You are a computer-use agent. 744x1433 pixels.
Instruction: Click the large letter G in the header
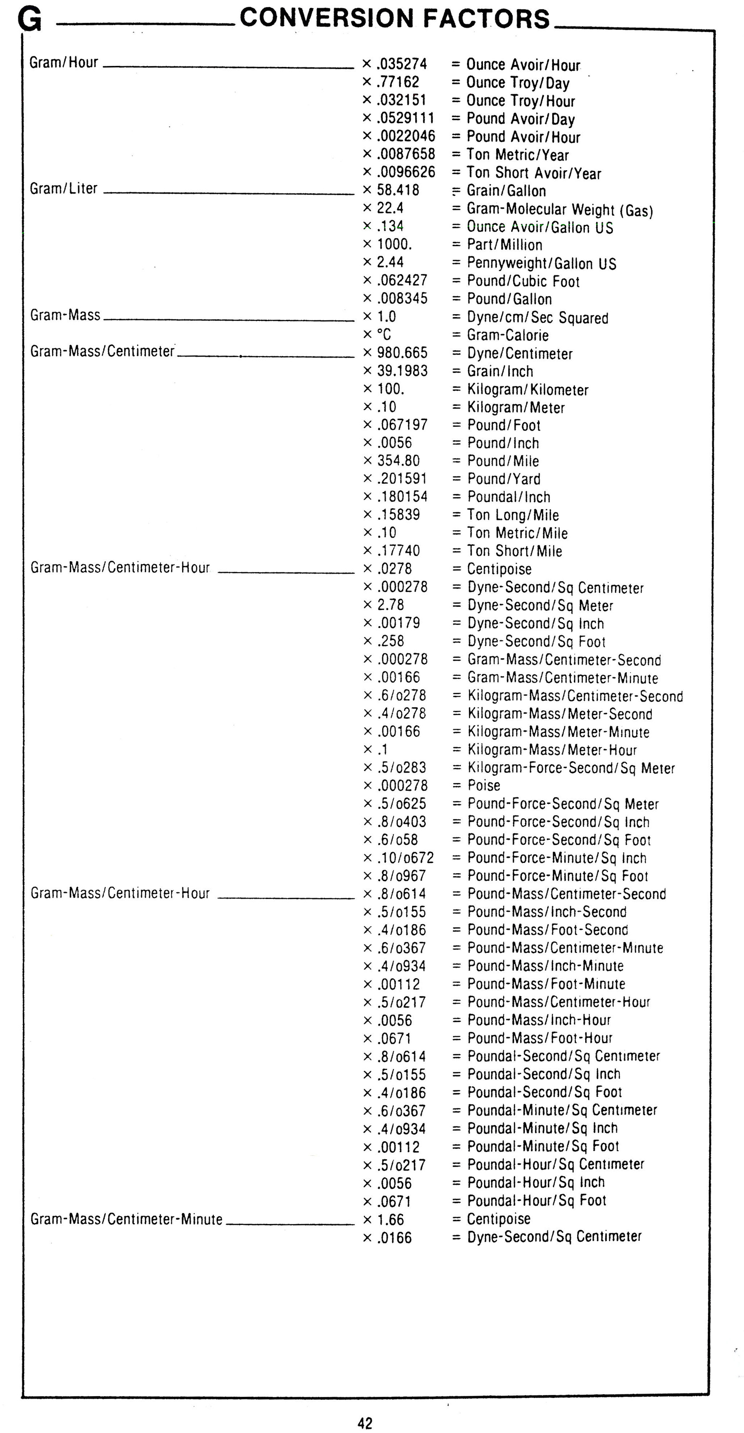[29, 20]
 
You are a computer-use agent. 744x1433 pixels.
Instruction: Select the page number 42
[365, 1423]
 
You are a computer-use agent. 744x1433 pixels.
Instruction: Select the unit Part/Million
[504, 245]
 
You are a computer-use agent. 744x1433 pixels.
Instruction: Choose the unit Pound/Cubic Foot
[523, 281]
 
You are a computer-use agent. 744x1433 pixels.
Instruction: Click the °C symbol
[384, 334]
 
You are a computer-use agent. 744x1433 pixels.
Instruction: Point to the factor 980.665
[402, 353]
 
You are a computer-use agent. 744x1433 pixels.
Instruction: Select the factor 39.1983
[402, 370]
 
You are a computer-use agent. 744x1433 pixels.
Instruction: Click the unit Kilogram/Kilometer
[527, 390]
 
